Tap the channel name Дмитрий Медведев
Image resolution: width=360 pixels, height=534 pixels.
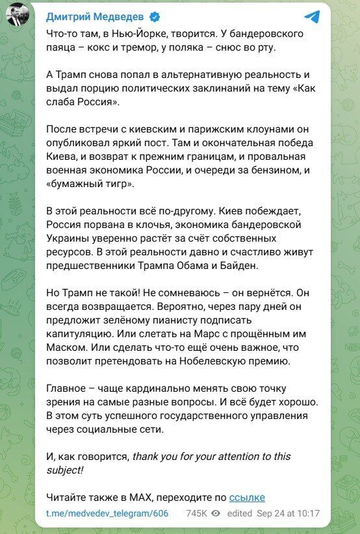pos(96,17)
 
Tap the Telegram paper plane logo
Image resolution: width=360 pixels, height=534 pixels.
pos(313,18)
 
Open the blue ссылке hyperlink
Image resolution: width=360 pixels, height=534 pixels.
pos(247,498)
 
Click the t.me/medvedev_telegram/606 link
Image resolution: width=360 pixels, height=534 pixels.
pos(107,513)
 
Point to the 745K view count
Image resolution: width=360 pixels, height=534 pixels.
pos(196,513)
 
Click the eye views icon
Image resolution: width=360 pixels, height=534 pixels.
pos(216,513)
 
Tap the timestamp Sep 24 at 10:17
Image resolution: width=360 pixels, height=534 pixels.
pos(292,513)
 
